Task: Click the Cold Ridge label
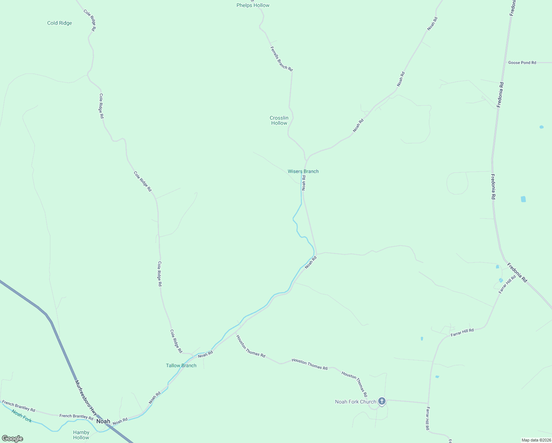pyautogui.click(x=59, y=23)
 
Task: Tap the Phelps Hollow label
pyautogui.click(x=253, y=5)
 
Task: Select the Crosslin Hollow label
pyautogui.click(x=279, y=120)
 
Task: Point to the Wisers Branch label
pyautogui.click(x=303, y=171)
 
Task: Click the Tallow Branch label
pyautogui.click(x=181, y=365)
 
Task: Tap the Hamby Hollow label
pyautogui.click(x=81, y=435)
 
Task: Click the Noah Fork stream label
pyautogui.click(x=21, y=416)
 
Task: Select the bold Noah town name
pyautogui.click(x=103, y=421)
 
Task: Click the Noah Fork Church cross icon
pyautogui.click(x=382, y=401)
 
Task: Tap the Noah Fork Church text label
pyautogui.click(x=355, y=402)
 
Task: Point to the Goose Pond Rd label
pyautogui.click(x=522, y=63)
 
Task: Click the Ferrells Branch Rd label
pyautogui.click(x=281, y=59)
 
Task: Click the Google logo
pyautogui.click(x=12, y=439)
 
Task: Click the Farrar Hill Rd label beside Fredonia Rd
pyautogui.click(x=507, y=285)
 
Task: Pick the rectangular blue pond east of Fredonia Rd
pyautogui.click(x=523, y=199)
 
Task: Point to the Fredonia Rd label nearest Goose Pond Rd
pyautogui.click(x=500, y=95)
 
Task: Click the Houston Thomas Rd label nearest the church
pyautogui.click(x=354, y=384)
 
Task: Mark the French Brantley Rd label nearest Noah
pyautogui.click(x=76, y=416)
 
